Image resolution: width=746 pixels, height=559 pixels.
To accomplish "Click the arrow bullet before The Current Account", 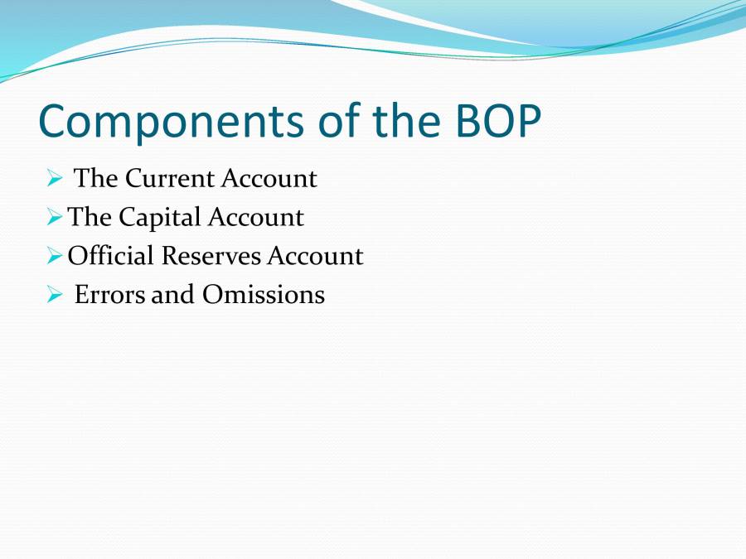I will click(54, 179).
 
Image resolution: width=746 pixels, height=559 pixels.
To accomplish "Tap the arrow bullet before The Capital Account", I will click(54, 218).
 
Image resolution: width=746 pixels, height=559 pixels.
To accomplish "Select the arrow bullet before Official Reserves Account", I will click(54, 257).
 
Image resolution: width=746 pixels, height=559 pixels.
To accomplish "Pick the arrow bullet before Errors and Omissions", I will click(54, 295).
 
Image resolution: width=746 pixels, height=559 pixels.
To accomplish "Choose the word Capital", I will click(160, 218).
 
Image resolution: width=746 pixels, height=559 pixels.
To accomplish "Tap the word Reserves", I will click(211, 256).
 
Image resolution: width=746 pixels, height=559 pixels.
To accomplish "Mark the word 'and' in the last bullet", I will click(173, 295).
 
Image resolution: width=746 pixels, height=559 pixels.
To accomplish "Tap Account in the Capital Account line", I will click(256, 218).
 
